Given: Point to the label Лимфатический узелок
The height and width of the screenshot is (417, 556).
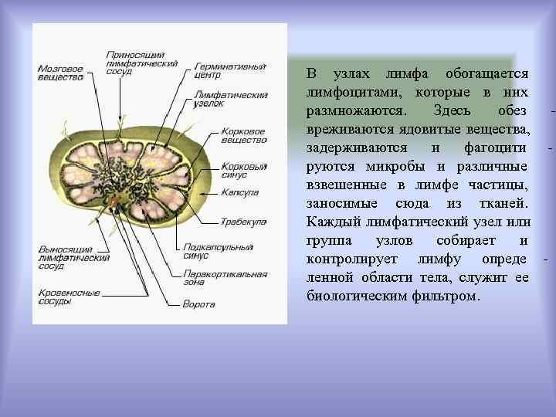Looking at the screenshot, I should tap(220, 98).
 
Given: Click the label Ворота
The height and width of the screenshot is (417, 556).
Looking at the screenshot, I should tap(198, 304).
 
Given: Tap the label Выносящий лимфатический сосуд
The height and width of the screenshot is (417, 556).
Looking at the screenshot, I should tap(74, 257).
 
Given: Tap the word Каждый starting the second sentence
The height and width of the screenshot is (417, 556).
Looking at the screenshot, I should tap(331, 222).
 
